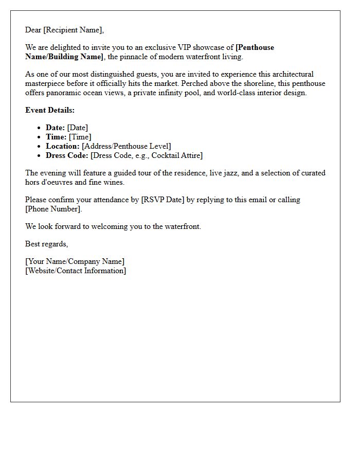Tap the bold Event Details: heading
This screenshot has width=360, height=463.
coord(50,110)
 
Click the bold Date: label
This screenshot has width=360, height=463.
coord(55,128)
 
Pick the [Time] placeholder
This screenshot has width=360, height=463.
coord(80,137)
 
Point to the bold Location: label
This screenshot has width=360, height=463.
coord(63,146)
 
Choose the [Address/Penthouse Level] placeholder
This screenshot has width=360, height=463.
coord(127,146)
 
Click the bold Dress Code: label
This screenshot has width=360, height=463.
coord(67,155)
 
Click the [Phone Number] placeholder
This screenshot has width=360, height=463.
coord(53,209)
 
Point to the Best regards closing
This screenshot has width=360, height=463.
coord(46,244)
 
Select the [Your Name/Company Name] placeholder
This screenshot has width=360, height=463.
coord(75,261)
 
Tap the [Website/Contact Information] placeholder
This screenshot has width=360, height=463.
coord(76,271)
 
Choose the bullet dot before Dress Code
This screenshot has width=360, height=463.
coord(40,155)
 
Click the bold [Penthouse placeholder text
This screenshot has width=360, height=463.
coord(255,47)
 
